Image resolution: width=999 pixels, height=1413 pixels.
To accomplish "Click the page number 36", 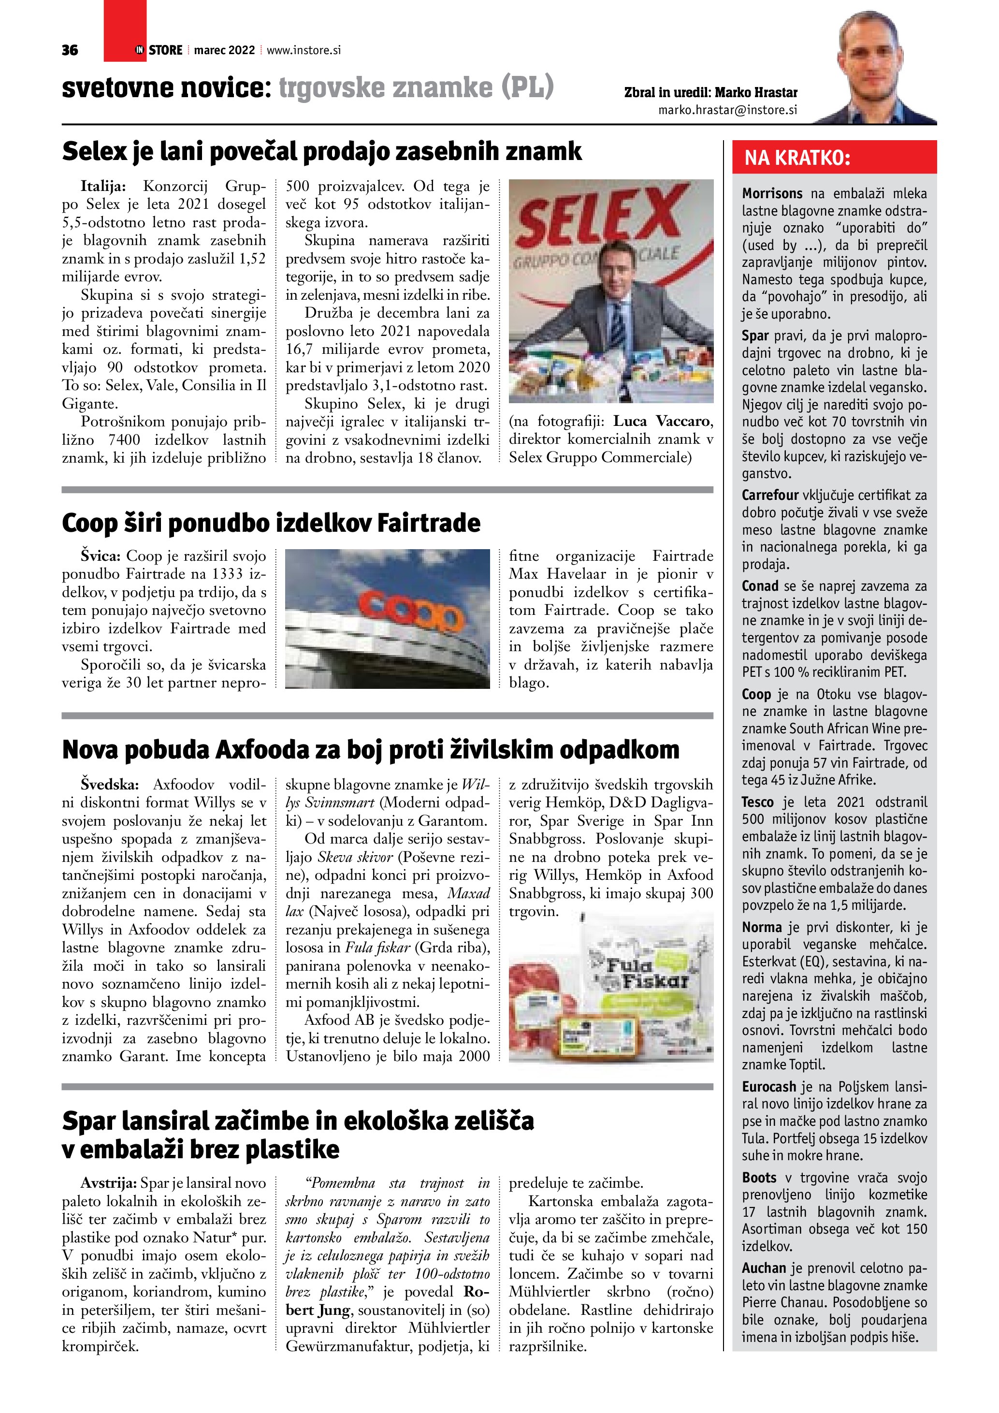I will coord(70,50).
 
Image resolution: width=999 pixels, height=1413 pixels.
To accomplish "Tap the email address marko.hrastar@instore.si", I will coord(728,110).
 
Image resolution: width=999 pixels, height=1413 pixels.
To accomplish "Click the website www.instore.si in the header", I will coord(304,50).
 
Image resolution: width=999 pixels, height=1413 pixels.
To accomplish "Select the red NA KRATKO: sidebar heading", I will coord(797,158).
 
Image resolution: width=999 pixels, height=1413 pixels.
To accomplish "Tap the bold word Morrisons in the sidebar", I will coord(772,194).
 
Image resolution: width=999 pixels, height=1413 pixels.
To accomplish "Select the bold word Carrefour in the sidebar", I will coord(769,495).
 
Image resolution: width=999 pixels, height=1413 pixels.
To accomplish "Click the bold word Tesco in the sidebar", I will coord(757,802).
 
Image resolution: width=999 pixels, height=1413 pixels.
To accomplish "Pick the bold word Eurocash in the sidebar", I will coord(768,1086).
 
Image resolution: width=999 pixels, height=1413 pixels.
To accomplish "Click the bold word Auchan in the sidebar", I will coord(764,1268).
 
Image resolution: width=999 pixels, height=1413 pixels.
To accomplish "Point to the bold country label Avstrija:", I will coord(108,1183).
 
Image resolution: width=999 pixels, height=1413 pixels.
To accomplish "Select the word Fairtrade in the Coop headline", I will coord(428,523).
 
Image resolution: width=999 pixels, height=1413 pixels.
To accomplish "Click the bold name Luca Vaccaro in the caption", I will coord(663,422).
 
